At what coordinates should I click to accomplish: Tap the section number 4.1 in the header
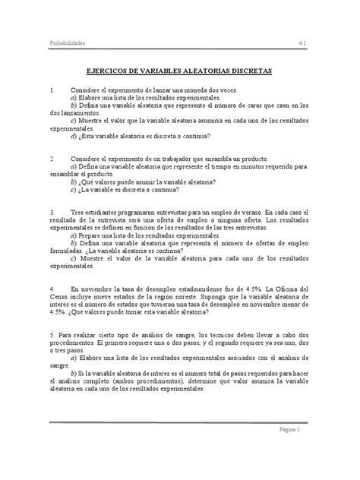302,43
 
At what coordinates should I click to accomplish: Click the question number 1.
52,90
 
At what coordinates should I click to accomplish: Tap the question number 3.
52,214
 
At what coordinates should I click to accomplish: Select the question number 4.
52,289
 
